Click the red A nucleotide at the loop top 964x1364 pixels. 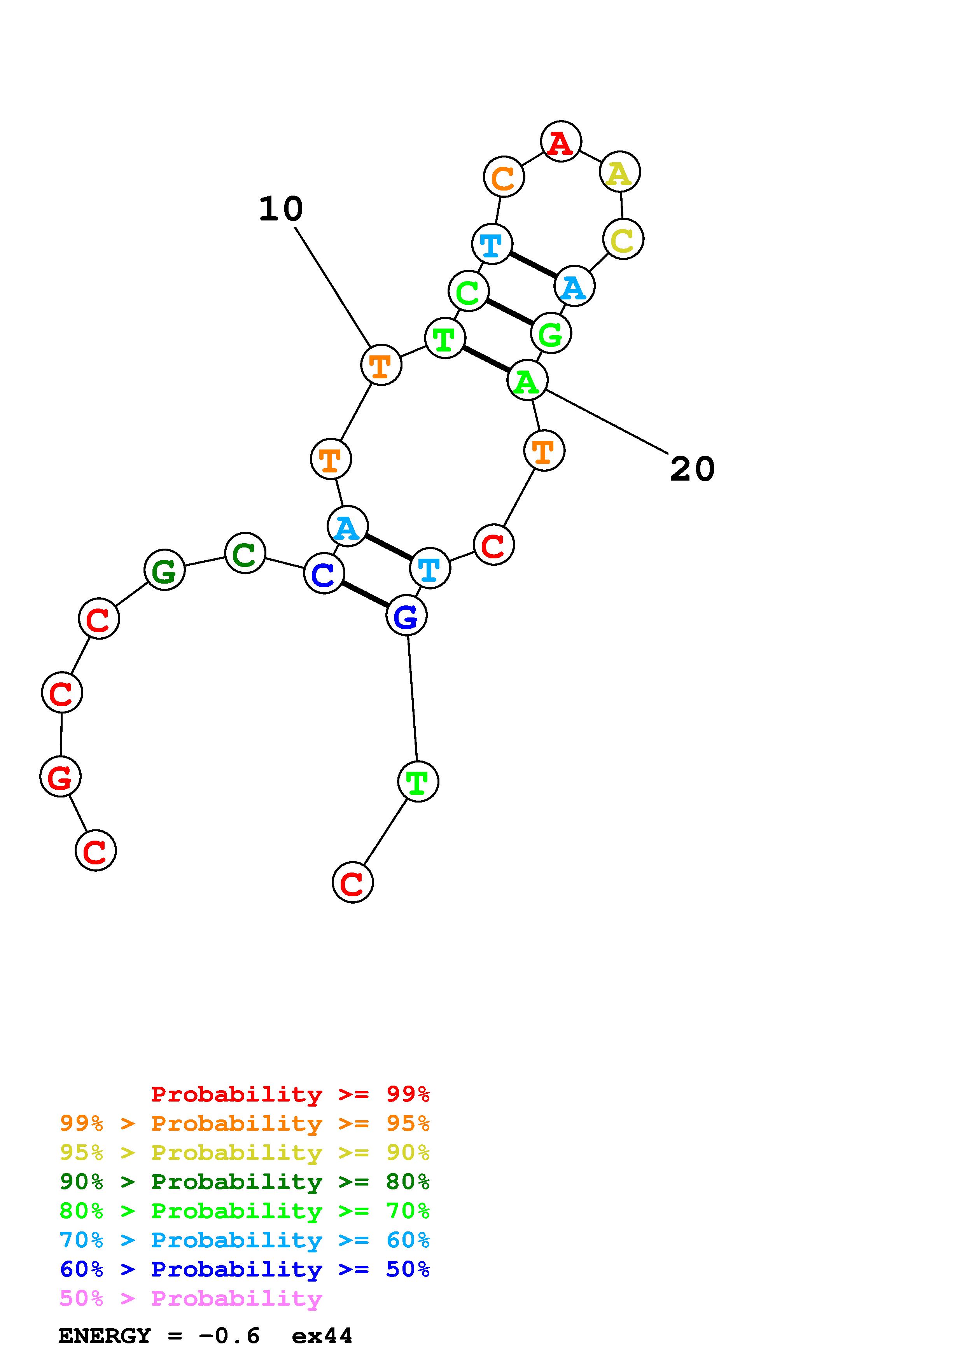[561, 142]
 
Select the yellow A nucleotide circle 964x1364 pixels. [619, 172]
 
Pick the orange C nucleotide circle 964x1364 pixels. [504, 177]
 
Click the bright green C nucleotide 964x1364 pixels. [468, 291]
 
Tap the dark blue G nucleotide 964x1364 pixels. [406, 616]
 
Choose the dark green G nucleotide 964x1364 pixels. [164, 570]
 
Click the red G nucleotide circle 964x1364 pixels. [60, 776]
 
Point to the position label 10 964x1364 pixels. [281, 209]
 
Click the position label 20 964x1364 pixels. [692, 469]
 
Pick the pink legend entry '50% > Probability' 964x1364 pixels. [191, 1298]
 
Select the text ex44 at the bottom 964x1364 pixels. [322, 1336]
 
